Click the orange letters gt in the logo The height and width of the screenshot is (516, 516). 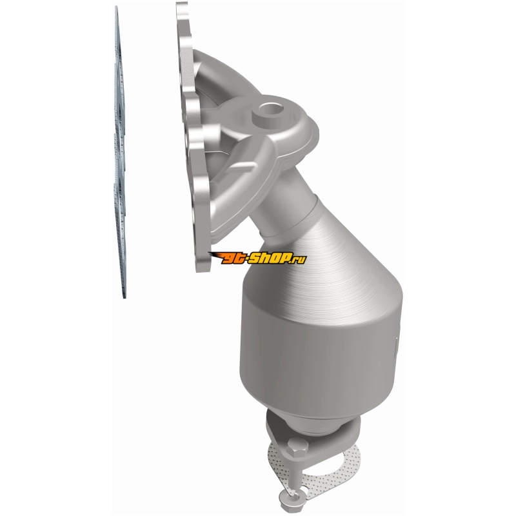pyautogui.click(x=232, y=259)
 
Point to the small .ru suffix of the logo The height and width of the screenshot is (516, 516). pyautogui.click(x=299, y=260)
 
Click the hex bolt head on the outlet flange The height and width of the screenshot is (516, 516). pyautogui.click(x=297, y=448)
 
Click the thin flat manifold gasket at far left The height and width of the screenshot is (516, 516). pyautogui.click(x=120, y=152)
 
